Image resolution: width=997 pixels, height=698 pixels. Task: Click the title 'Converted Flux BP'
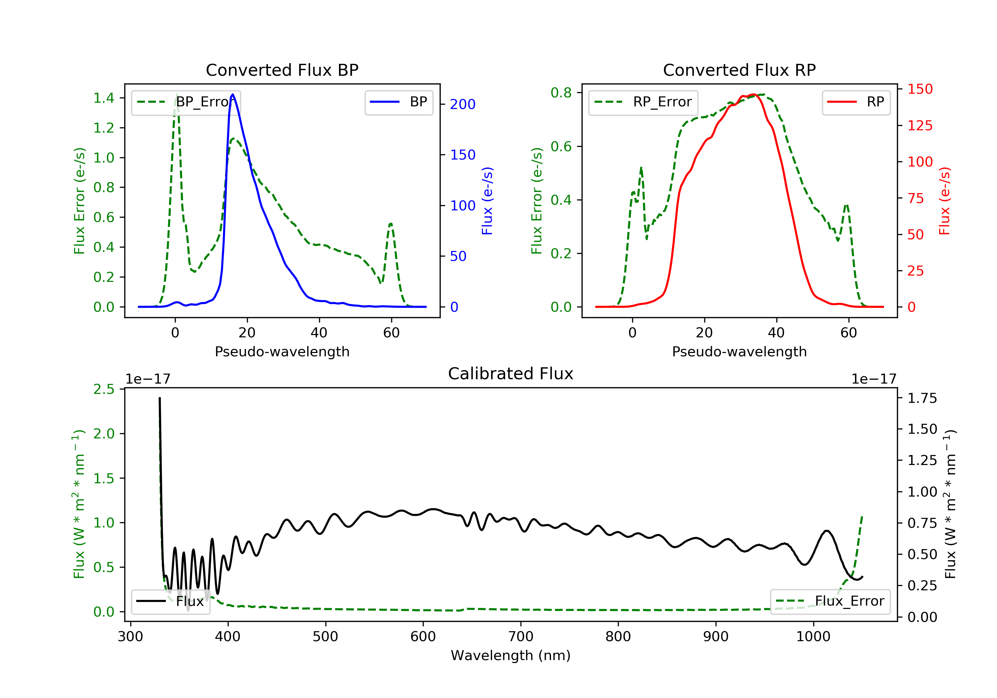click(x=282, y=70)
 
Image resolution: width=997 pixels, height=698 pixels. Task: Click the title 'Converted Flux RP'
click(x=739, y=70)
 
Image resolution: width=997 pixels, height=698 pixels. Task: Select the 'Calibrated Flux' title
click(x=511, y=374)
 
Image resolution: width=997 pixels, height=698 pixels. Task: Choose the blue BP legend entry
click(x=398, y=102)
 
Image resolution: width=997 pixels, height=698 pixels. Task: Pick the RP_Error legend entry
click(x=643, y=102)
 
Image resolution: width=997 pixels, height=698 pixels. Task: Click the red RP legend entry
click(x=856, y=102)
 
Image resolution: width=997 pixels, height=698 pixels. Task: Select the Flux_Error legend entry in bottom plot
click(x=830, y=601)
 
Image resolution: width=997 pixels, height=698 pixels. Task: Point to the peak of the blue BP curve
click(x=233, y=94)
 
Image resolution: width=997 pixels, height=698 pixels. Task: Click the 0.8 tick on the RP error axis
click(x=561, y=92)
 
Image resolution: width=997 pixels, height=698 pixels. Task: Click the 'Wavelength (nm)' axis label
click(x=511, y=655)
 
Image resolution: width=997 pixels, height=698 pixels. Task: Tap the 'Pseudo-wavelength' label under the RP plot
click(x=739, y=351)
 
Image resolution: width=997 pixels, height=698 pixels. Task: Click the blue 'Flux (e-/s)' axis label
click(x=487, y=201)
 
